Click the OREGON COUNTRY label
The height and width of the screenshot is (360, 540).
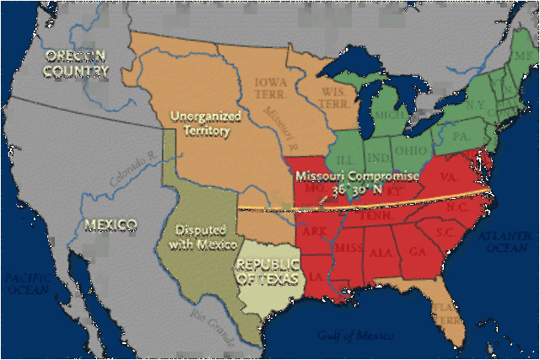pos(77,63)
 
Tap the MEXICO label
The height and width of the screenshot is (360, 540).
pos(111,225)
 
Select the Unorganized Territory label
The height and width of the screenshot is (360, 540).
pos(199,124)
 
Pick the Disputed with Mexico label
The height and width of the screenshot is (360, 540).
pos(197,236)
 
